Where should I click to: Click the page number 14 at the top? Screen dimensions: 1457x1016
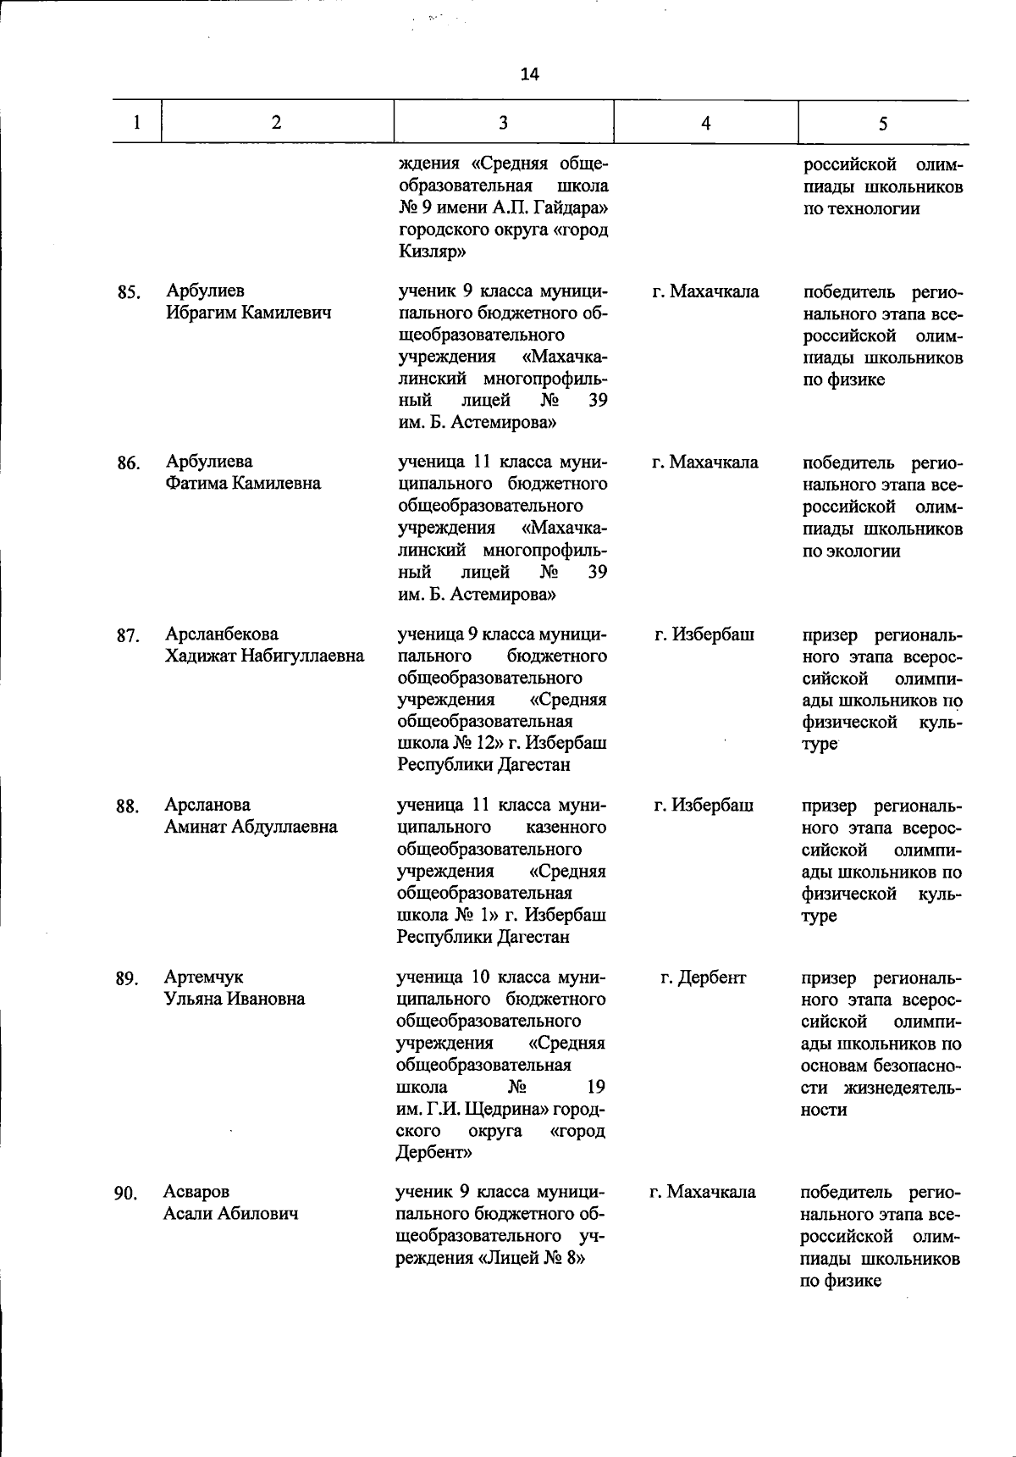(529, 75)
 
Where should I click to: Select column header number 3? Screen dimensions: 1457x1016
(503, 123)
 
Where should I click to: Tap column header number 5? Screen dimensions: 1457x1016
(882, 124)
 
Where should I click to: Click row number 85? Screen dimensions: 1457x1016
(128, 293)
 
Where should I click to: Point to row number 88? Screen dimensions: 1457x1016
(128, 806)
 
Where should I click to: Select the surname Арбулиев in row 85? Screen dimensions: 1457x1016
(206, 291)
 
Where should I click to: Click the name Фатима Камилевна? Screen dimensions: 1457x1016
(243, 484)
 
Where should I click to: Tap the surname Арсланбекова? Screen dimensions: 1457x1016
(221, 634)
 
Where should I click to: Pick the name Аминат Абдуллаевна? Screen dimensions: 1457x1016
(250, 827)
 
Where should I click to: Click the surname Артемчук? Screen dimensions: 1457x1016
(203, 977)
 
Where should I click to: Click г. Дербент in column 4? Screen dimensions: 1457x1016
(704, 978)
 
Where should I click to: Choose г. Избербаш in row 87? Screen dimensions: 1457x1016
(704, 634)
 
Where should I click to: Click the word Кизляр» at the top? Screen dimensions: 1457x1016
(426, 252)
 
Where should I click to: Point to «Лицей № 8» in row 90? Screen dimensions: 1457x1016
(533, 1258)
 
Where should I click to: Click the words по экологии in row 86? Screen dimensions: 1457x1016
(851, 551)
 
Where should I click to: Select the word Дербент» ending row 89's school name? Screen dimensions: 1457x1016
(433, 1153)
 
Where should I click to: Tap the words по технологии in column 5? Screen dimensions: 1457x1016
(861, 209)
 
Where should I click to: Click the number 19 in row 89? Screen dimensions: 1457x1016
(595, 1087)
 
